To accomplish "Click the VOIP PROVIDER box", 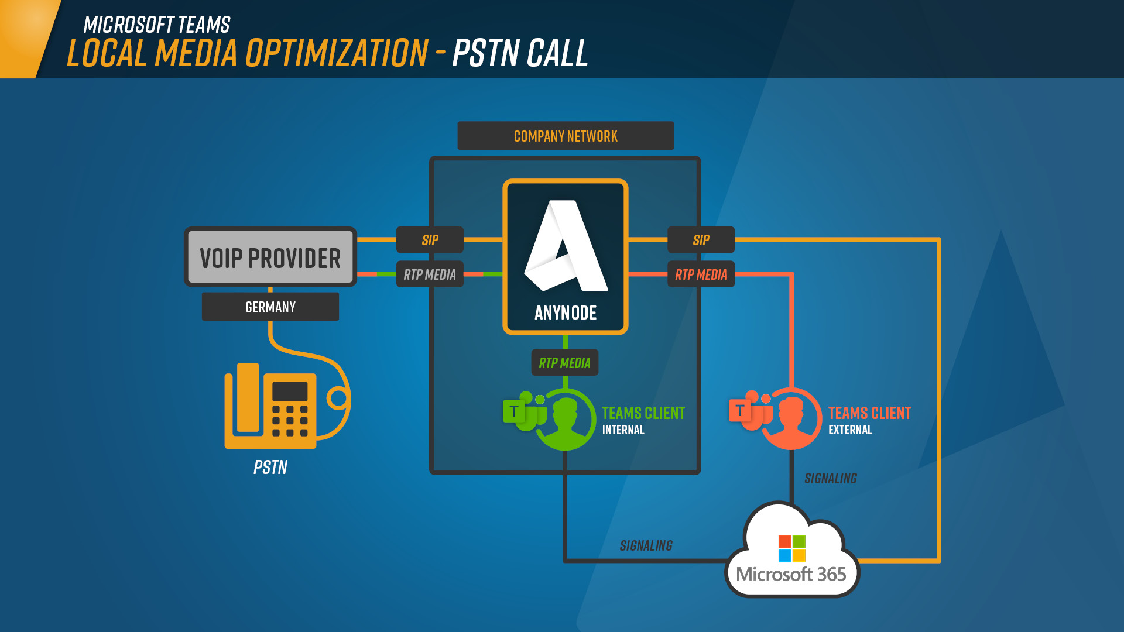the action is click(x=270, y=257).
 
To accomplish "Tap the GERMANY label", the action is click(x=270, y=307).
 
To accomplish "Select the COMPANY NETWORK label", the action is click(x=566, y=136).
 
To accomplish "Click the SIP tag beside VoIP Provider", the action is click(x=430, y=239).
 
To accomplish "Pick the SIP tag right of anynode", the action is click(x=701, y=239).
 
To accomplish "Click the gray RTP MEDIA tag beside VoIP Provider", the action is click(x=430, y=274).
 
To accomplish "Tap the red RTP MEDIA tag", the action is click(x=701, y=274).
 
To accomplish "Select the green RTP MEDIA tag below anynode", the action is click(x=565, y=362).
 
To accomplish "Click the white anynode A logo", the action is click(x=566, y=245).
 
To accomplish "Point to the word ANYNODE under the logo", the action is click(x=566, y=313).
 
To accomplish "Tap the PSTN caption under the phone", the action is click(x=270, y=467).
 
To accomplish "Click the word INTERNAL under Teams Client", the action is click(x=623, y=430).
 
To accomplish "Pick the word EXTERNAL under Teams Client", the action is click(x=850, y=430).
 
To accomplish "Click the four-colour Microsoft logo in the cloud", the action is click(x=792, y=548).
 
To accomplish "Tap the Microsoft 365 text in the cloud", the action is click(x=791, y=574).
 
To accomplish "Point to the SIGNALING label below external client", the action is click(x=831, y=478).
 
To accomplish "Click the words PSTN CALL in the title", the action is click(x=520, y=53).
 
